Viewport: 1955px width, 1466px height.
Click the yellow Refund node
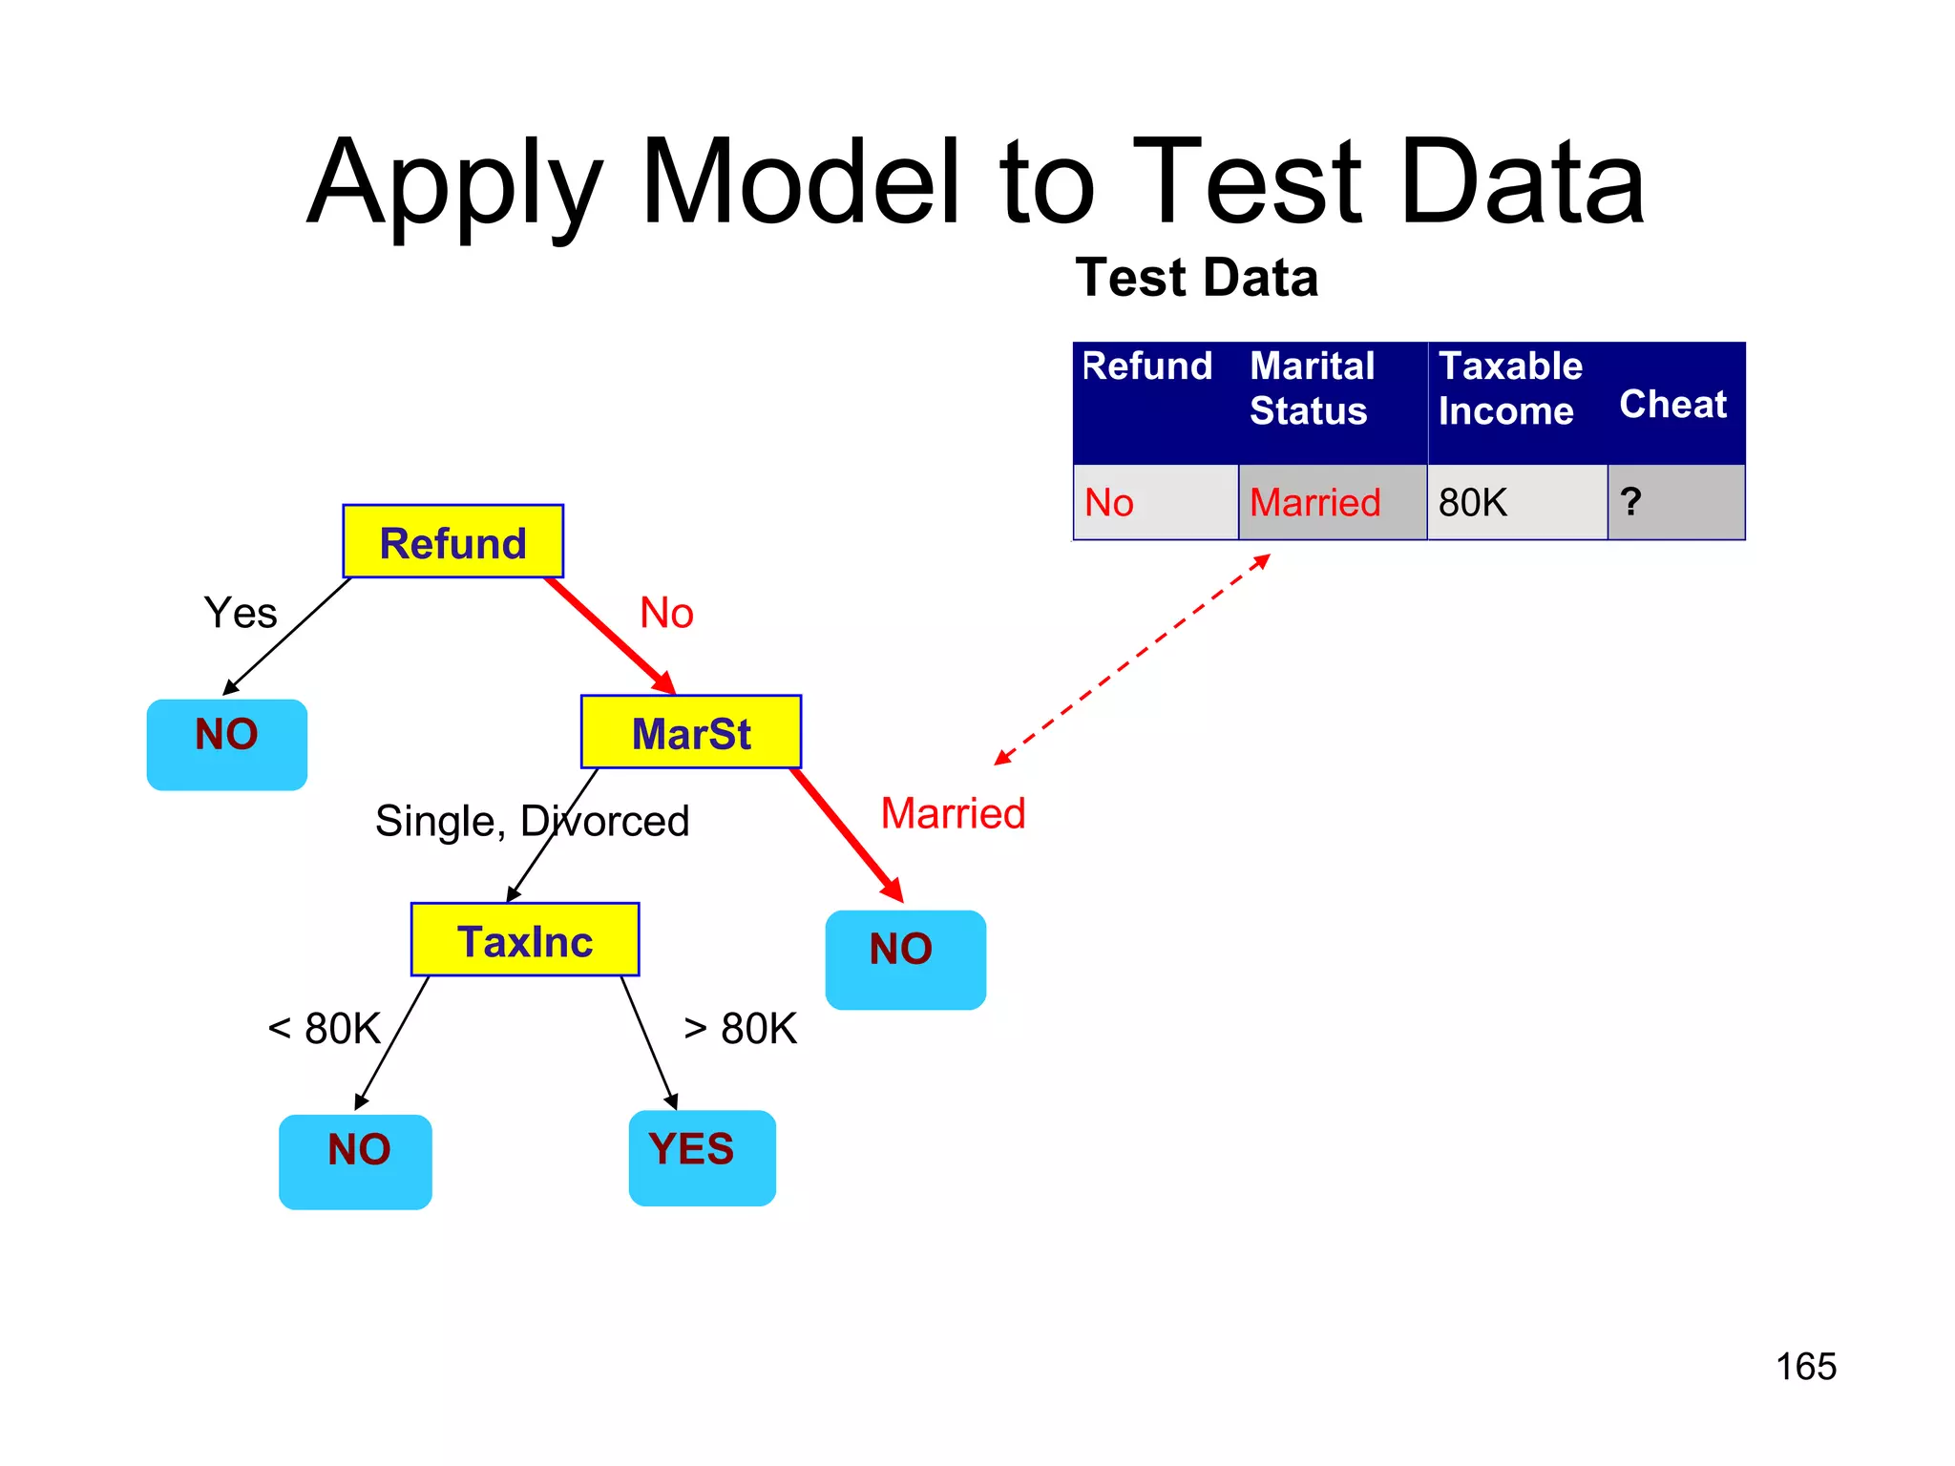452,541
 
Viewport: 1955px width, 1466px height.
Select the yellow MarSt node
691,732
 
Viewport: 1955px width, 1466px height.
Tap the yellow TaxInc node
524,940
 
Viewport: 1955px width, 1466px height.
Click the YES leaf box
702,1157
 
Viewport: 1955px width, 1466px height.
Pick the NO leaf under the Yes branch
226,743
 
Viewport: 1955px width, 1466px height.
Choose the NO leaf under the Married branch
904,958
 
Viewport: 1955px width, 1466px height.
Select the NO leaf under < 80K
355,1161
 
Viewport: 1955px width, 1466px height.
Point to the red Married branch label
953,813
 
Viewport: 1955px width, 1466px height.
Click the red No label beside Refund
666,613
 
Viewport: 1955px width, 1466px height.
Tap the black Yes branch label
240,613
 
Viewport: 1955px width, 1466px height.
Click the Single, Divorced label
532,821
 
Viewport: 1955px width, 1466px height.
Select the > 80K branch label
741,1029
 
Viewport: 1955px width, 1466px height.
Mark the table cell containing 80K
1516,502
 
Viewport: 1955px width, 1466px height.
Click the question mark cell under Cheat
1675,502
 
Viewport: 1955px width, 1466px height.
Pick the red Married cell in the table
1332,502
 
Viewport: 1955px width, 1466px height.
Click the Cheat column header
1672,404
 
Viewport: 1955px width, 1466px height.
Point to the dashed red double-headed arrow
1132,660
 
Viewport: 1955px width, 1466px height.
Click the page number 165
1805,1366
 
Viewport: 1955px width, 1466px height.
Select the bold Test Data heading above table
1196,278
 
